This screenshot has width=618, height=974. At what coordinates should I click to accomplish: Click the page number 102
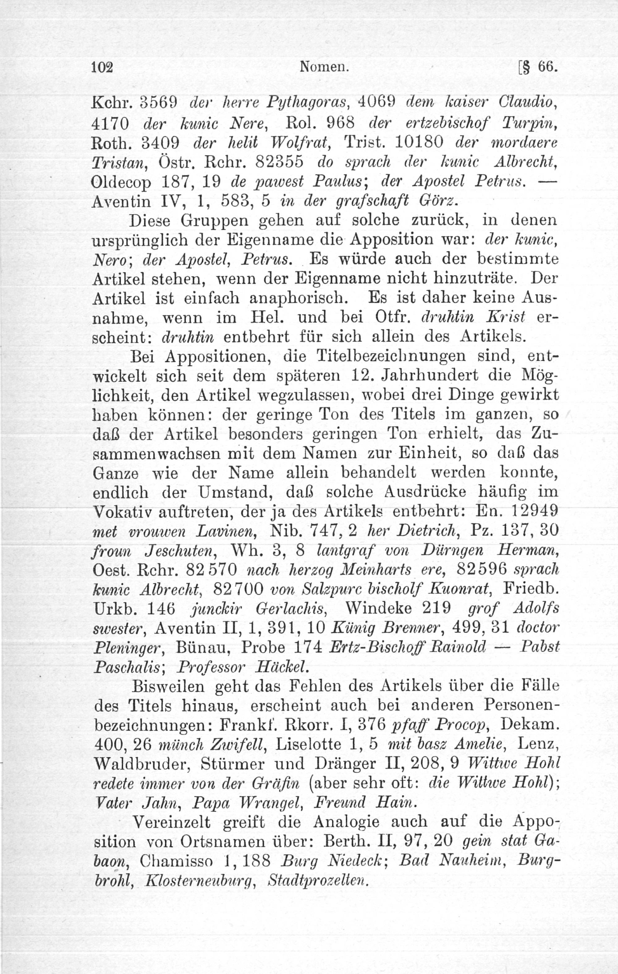pos(102,67)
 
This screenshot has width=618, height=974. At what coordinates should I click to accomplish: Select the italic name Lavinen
pos(226,532)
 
